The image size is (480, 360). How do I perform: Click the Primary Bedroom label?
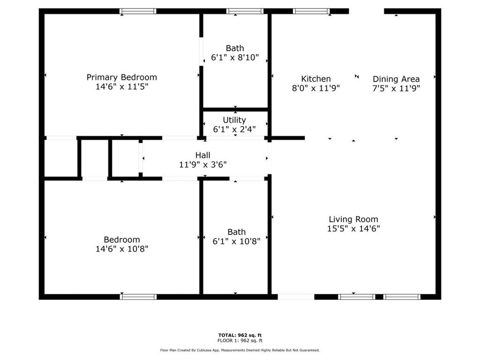(122, 77)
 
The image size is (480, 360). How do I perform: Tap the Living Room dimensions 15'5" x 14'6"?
(353, 229)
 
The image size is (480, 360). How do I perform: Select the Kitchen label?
(316, 79)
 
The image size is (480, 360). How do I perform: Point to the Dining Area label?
(396, 79)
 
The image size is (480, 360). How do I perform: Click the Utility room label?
(234, 120)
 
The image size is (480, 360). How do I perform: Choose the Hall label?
(202, 155)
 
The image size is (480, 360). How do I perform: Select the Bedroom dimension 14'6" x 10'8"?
(122, 249)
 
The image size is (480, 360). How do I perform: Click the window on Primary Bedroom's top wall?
(138, 11)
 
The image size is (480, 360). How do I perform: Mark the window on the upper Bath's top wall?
(245, 11)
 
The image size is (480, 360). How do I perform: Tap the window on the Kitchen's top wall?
(312, 11)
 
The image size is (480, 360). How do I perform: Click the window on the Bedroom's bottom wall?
(138, 297)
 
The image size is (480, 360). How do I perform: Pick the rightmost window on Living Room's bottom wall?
(402, 297)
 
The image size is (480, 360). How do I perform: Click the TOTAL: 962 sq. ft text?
(240, 335)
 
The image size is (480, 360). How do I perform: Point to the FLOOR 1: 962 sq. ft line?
(240, 341)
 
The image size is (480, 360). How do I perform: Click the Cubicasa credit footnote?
(240, 350)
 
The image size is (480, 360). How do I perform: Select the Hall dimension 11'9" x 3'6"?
(202, 165)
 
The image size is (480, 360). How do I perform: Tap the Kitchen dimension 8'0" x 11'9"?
(316, 88)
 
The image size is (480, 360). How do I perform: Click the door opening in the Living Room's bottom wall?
(296, 297)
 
